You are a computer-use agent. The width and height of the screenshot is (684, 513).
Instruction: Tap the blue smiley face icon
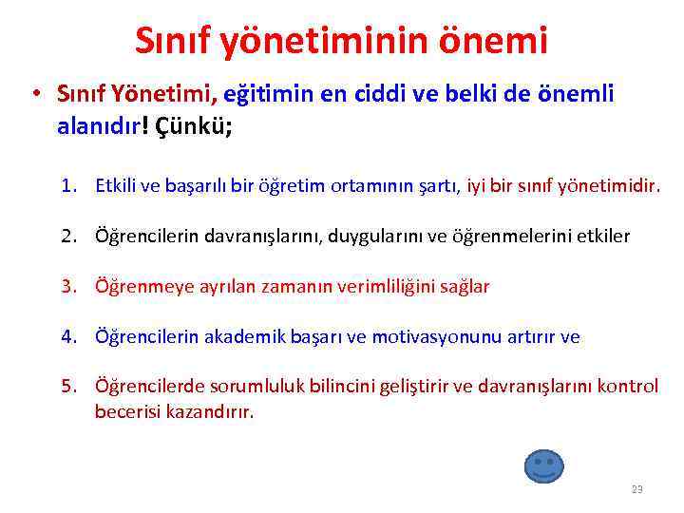(x=543, y=465)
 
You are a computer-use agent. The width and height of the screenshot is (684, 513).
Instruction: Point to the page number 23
(x=636, y=489)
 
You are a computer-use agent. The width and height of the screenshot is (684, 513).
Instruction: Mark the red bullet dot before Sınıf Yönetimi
(x=33, y=95)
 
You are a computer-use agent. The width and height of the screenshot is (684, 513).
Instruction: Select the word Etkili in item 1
(x=114, y=185)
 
